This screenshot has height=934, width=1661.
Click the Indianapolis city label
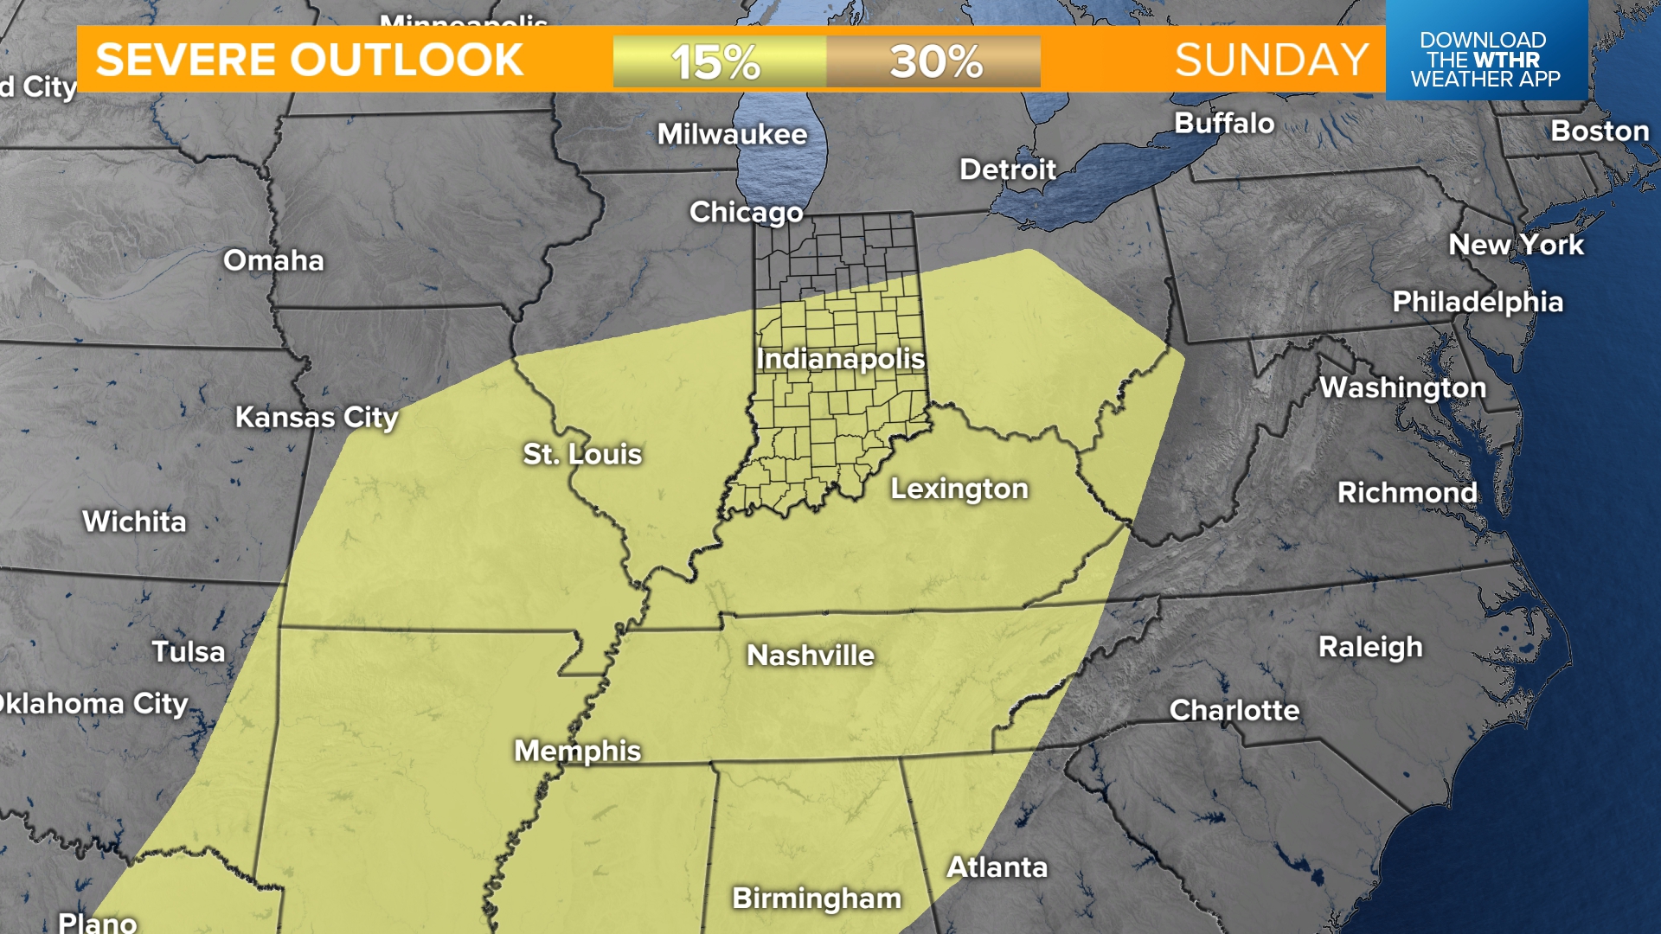[840, 359]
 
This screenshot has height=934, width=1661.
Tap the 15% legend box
[718, 61]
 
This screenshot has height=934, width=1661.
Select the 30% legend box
[934, 61]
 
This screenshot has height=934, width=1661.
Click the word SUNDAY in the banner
[1271, 61]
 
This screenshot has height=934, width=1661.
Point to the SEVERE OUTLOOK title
[310, 61]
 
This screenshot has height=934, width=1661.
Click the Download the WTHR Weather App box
[1485, 59]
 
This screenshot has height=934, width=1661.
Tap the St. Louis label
[582, 454]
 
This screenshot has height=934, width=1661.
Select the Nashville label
[811, 656]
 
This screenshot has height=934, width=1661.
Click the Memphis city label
[577, 751]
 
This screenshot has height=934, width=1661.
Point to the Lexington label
[959, 489]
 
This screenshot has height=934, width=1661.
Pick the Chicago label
[746, 212]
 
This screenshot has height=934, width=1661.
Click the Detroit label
[1008, 170]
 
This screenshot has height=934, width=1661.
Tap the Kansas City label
[317, 418]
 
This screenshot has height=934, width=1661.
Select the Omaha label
[273, 260]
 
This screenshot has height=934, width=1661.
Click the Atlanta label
[997, 867]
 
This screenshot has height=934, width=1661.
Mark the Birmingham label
[817, 899]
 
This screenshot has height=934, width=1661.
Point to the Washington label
[1402, 387]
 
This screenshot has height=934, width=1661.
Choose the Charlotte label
[1235, 710]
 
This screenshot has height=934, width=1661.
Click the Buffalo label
[1224, 124]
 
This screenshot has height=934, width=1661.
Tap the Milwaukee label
[732, 134]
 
